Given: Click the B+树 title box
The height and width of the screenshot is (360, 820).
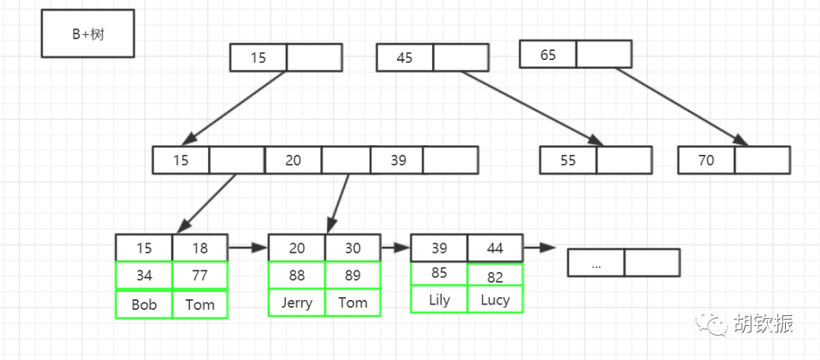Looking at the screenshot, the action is tap(88, 33).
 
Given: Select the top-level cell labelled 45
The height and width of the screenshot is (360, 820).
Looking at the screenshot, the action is tap(405, 58).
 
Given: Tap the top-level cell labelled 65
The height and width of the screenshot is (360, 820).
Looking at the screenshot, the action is tap(548, 55).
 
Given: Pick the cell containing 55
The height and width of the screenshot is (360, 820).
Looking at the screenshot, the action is tap(568, 160).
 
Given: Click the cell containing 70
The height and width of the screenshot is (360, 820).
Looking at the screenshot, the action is tap(707, 160).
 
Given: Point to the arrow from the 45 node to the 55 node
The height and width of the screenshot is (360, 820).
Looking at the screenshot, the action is tap(532, 109).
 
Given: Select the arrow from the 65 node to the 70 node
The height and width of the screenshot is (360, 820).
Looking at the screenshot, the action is tap(682, 107).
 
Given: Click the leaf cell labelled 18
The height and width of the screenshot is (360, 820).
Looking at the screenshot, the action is tap(200, 248).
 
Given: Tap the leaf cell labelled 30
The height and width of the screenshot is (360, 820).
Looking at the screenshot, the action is tap(353, 248).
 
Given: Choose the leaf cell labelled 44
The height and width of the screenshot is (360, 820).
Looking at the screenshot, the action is tap(495, 248).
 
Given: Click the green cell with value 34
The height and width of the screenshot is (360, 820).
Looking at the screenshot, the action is tap(143, 275).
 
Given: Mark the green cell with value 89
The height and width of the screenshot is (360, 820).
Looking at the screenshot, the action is tap(353, 275).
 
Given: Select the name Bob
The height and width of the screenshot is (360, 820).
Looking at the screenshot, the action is tap(143, 305).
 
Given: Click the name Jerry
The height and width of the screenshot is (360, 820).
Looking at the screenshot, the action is tap(297, 303).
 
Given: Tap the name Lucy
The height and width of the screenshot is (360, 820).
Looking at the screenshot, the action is tap(495, 300).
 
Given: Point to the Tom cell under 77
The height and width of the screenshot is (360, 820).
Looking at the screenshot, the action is tap(200, 305).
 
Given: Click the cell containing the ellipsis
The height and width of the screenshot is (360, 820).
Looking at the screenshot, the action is tap(596, 263).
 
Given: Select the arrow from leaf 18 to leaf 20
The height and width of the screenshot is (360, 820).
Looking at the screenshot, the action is tap(248, 248).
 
